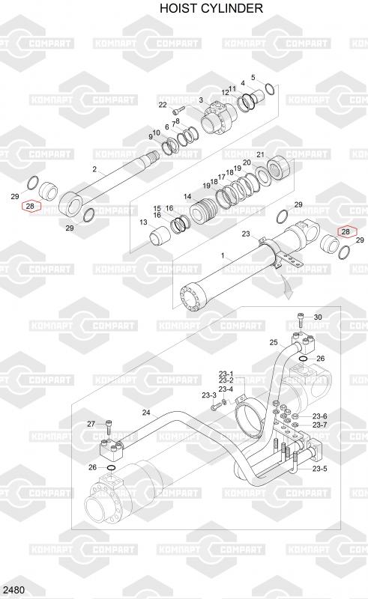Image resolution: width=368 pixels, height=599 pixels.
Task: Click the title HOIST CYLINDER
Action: click(x=211, y=8)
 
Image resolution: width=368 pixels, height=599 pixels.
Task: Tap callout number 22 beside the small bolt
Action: click(x=163, y=105)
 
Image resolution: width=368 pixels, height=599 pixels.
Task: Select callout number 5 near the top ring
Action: click(x=253, y=78)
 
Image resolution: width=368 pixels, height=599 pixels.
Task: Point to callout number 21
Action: click(x=261, y=155)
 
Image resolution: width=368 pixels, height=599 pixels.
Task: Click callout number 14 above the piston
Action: click(x=187, y=197)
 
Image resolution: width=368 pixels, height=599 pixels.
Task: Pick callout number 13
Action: click(x=143, y=222)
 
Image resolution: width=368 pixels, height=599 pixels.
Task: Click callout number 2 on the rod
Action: click(x=94, y=169)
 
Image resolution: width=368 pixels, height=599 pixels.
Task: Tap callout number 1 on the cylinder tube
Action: click(x=223, y=255)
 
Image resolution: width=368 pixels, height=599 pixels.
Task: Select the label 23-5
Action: click(x=320, y=469)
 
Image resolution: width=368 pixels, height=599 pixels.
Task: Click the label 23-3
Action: click(x=209, y=395)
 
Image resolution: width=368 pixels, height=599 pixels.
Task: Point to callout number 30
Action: click(x=318, y=317)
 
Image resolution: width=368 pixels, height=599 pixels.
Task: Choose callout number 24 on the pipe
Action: click(x=146, y=413)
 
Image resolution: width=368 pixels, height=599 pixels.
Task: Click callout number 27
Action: click(x=91, y=424)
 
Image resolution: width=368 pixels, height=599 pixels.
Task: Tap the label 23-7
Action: click(x=320, y=425)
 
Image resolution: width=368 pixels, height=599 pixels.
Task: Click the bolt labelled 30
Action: click(x=301, y=320)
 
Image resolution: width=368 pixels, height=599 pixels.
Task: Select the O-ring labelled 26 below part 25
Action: click(x=302, y=359)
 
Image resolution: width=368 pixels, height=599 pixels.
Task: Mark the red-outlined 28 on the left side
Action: click(x=30, y=206)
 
